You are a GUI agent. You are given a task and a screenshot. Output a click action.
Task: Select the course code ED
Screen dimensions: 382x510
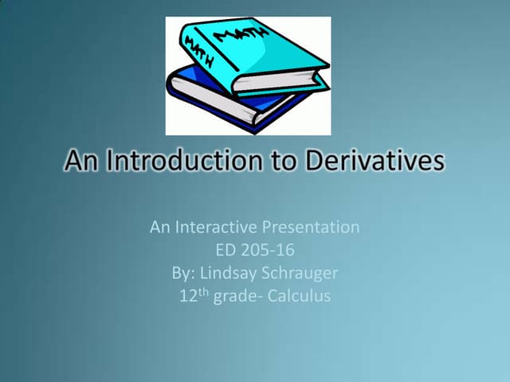point(228,251)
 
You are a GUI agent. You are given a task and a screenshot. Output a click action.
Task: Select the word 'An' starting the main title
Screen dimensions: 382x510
point(82,162)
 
